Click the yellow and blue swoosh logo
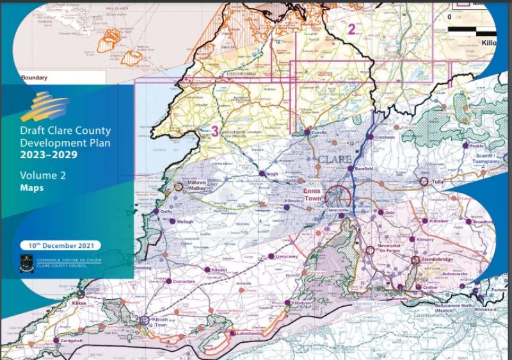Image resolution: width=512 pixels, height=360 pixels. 45,106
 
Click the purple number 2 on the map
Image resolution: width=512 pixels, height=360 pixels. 351,29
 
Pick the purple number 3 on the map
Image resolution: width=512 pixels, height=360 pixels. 214,131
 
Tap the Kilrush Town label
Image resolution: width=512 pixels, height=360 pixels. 163,323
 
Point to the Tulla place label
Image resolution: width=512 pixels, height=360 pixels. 438,182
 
